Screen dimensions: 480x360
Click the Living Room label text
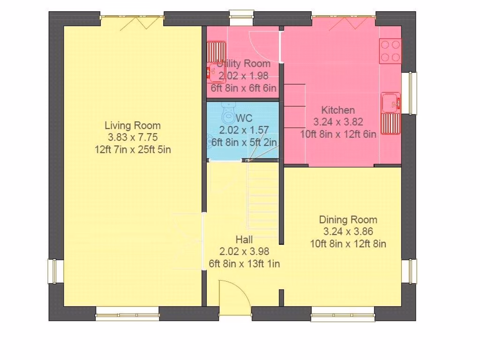[133, 126]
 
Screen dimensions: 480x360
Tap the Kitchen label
[338, 110]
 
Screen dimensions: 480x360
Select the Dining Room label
[348, 219]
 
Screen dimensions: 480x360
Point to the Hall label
[244, 240]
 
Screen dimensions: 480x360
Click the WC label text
[244, 118]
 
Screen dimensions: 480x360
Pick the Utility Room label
[244, 64]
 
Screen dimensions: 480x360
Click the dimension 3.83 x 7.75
[133, 137]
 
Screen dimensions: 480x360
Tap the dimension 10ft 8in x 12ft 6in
[338, 134]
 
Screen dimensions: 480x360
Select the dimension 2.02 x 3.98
[244, 251]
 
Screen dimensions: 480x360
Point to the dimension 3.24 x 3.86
[348, 232]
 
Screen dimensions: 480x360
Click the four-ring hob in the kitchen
[390, 51]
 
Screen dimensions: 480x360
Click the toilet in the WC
[228, 113]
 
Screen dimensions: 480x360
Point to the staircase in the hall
[262, 199]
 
